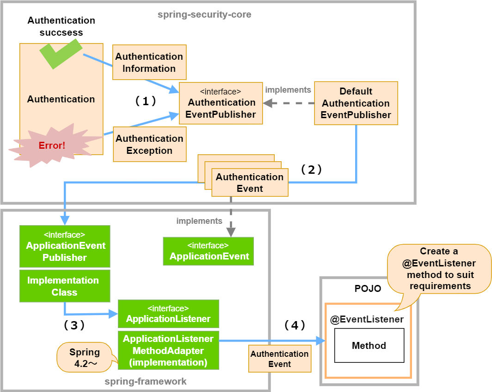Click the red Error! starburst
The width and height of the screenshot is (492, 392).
52,145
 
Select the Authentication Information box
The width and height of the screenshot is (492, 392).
149,63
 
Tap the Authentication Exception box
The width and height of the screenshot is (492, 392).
149,144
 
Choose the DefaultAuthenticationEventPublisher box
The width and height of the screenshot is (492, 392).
356,103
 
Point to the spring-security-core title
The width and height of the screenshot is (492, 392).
204,14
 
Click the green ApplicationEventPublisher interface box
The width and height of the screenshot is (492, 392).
65,246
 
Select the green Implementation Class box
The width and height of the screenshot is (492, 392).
65,286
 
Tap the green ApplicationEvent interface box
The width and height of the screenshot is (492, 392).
209,251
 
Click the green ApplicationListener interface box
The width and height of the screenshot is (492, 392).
168,314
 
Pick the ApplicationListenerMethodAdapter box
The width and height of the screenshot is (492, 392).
168,350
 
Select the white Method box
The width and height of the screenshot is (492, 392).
369,346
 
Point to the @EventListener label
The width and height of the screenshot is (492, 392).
367,319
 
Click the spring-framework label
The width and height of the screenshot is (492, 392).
146,381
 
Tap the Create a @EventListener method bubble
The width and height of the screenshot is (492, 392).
439,269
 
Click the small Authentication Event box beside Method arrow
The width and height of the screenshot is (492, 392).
280,359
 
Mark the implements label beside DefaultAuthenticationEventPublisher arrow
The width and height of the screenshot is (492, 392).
288,90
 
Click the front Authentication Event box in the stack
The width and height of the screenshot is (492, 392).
250,183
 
